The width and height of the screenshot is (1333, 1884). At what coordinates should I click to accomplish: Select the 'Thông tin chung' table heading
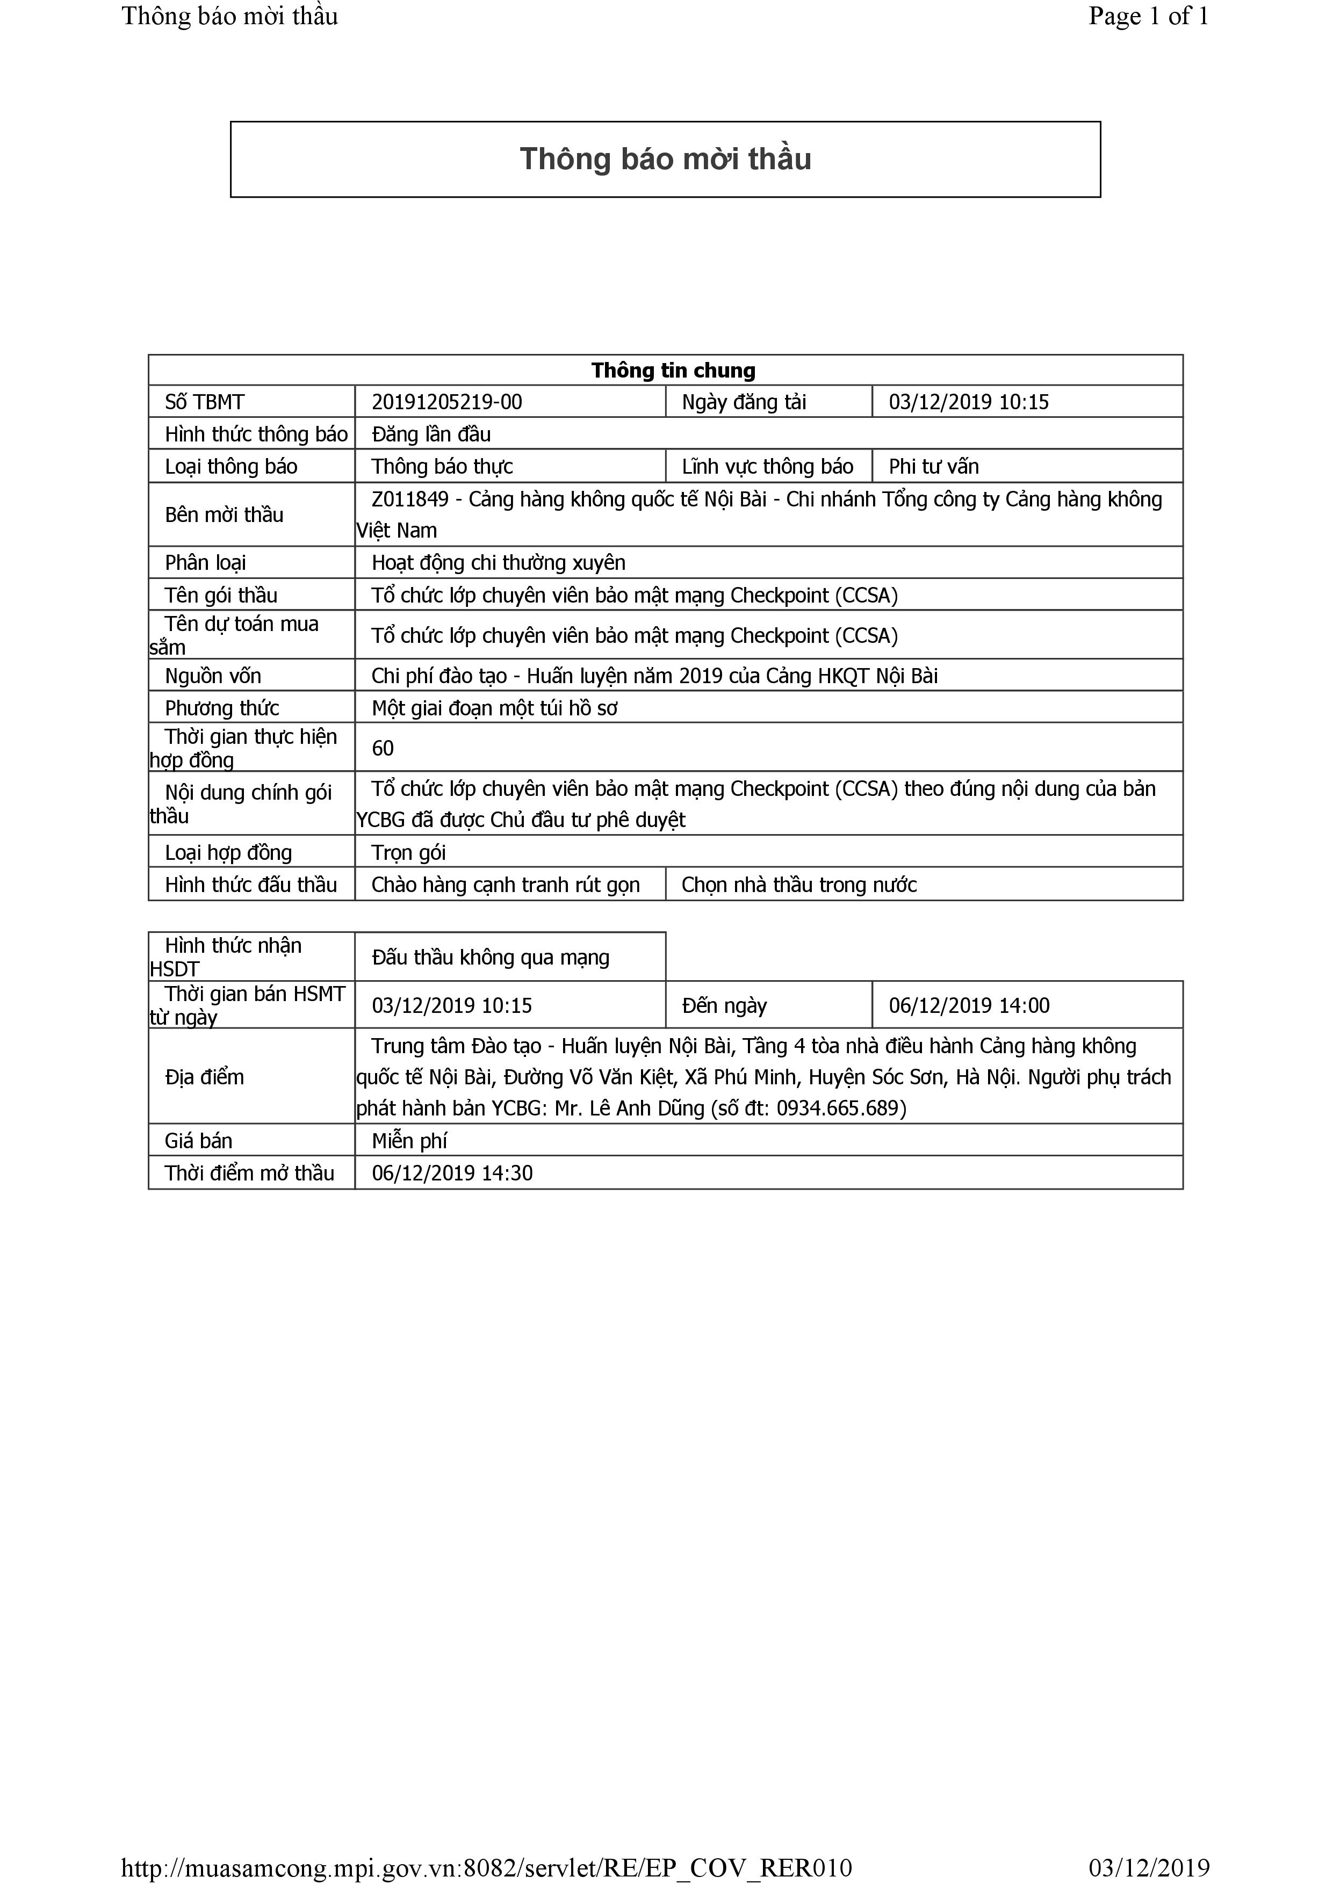coord(673,371)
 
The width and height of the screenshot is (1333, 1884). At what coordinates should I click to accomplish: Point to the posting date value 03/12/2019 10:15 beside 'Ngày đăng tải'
coord(969,402)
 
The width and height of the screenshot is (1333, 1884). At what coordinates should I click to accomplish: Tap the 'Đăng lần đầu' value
coord(431,434)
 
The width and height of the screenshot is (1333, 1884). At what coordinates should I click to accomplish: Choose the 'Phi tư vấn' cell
coord(933,467)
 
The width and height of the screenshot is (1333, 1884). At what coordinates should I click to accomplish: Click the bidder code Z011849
coord(409,499)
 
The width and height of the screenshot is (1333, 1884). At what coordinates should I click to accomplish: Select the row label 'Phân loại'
coord(205,563)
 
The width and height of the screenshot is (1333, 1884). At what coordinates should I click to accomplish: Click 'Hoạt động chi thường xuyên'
coord(498,563)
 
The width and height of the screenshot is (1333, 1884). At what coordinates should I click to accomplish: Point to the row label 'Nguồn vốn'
coord(213,676)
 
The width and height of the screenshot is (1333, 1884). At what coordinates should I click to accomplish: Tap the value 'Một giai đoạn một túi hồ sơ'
coord(494,708)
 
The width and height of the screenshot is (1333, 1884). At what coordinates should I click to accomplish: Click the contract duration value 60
coord(383,748)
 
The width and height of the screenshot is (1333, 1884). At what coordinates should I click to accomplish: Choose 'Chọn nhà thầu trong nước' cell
coord(798,885)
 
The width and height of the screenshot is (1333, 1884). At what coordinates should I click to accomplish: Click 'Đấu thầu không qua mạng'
coord(490,958)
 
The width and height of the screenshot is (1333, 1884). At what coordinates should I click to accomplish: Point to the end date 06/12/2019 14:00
coord(969,1006)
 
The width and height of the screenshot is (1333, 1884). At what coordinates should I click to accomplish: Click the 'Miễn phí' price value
coord(409,1141)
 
